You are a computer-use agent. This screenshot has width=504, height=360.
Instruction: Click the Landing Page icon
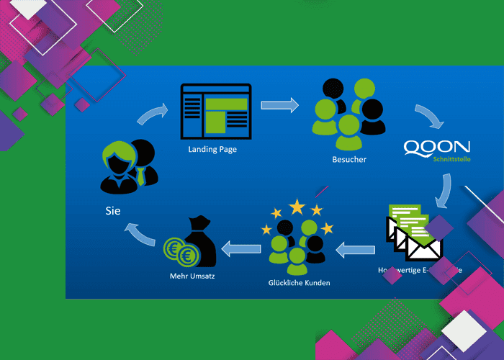(214, 112)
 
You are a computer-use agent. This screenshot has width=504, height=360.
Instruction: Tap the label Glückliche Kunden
(298, 283)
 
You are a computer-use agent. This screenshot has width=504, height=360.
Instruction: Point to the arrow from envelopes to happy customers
(356, 251)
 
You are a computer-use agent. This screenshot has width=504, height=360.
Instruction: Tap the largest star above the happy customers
(297, 207)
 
